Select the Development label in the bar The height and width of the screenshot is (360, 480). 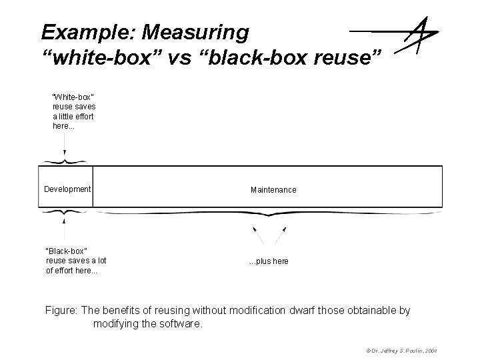[67, 189]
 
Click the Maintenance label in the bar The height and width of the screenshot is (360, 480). [273, 190]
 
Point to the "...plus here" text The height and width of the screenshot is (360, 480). [269, 261]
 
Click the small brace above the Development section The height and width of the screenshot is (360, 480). [65, 161]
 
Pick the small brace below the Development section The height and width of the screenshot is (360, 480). [65, 212]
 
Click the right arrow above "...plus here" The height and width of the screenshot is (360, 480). [283, 235]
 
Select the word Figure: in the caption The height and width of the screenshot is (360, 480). [61, 311]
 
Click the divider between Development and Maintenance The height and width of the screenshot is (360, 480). [93, 186]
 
